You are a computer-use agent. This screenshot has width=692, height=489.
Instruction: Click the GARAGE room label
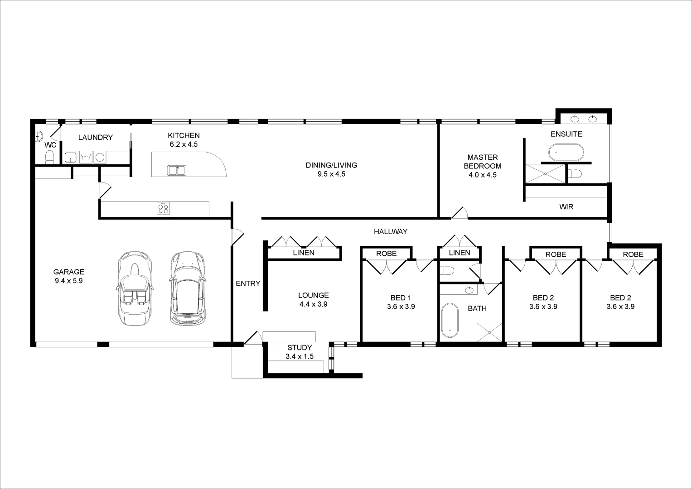69,272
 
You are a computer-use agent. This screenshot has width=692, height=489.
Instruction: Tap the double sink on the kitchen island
177,170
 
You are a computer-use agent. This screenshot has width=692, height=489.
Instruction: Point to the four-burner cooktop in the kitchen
163,209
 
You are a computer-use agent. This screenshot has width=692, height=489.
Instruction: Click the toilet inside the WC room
49,157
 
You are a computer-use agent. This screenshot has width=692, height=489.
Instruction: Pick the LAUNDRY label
95,137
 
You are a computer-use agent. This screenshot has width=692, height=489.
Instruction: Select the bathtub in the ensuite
566,152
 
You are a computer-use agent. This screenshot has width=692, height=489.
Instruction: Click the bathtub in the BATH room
450,321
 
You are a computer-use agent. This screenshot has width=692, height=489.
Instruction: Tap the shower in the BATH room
490,332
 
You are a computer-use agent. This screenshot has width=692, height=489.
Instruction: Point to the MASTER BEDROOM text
483,162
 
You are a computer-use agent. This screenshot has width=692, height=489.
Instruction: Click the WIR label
566,207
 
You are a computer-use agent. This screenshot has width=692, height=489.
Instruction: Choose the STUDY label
300,348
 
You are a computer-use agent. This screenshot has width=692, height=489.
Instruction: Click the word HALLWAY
390,231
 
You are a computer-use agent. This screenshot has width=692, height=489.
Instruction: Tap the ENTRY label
248,283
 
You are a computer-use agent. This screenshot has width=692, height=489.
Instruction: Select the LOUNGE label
313,295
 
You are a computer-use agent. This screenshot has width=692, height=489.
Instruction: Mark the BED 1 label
401,297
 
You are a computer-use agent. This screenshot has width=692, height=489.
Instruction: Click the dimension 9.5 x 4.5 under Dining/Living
331,174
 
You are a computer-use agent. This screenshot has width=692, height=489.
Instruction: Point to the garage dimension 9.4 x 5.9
69,280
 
